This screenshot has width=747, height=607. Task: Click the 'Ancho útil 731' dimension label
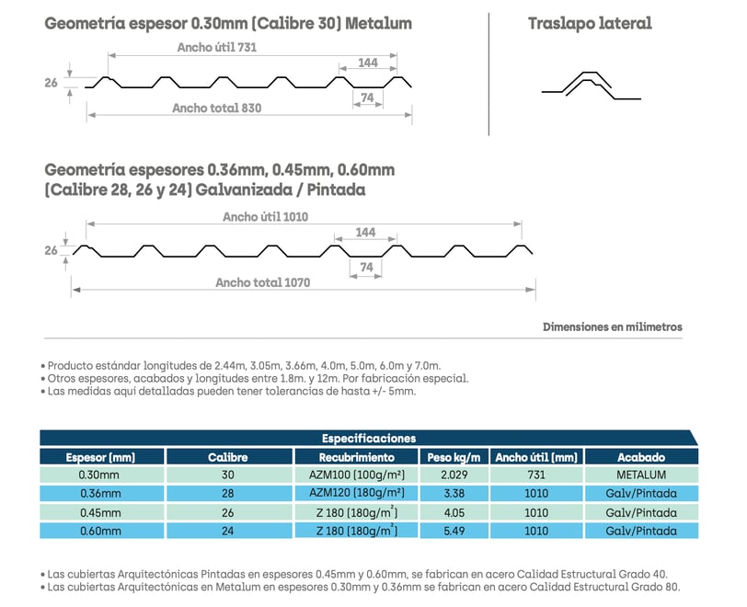tap(217, 47)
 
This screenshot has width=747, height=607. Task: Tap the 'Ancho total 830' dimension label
tap(217, 109)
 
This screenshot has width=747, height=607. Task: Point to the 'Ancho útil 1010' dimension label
tap(265, 217)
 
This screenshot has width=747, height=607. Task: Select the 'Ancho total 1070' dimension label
tap(262, 282)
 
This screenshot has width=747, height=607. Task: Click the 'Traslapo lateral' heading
tap(590, 23)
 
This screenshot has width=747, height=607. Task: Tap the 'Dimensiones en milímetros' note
tap(612, 326)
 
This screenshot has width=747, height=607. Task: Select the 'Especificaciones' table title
tap(369, 439)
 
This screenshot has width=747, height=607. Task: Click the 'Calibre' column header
tap(228, 457)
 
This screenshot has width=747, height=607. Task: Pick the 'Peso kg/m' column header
tap(454, 457)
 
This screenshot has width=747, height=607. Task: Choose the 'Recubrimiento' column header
tap(356, 457)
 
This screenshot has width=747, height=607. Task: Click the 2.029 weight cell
tap(454, 475)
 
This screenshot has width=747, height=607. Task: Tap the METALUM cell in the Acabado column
tap(641, 475)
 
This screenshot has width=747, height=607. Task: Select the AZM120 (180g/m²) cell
tap(356, 493)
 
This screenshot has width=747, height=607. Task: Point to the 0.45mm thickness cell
tap(100, 512)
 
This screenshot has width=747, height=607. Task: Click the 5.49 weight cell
tap(454, 531)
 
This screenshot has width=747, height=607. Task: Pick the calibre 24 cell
tap(228, 531)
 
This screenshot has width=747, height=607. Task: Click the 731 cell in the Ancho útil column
tap(536, 475)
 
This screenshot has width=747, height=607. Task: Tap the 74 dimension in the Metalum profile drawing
tap(367, 97)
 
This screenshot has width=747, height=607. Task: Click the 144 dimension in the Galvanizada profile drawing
tap(365, 232)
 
